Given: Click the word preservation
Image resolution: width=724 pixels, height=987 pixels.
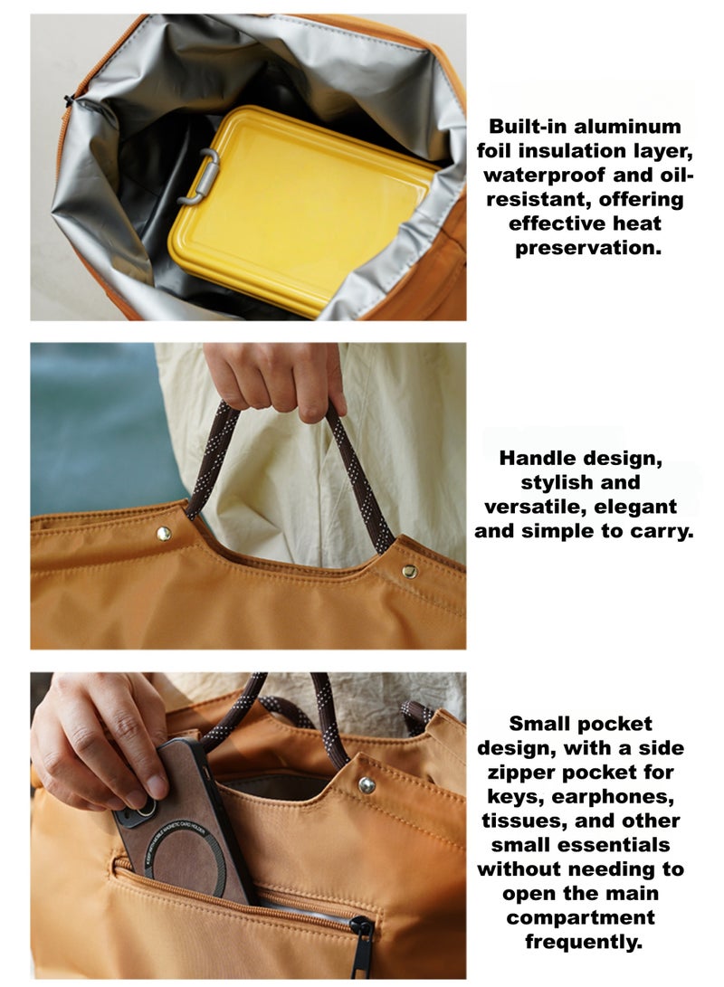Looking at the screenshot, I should coord(588,247).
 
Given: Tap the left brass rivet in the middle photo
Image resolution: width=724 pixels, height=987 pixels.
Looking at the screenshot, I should coord(164,533).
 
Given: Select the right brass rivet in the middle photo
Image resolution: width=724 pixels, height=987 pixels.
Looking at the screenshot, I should coord(409,571).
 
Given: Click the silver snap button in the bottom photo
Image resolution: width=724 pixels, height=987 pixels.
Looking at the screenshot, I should coord(367,784).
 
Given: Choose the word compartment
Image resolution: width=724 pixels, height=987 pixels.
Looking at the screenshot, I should coord(579,917).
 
